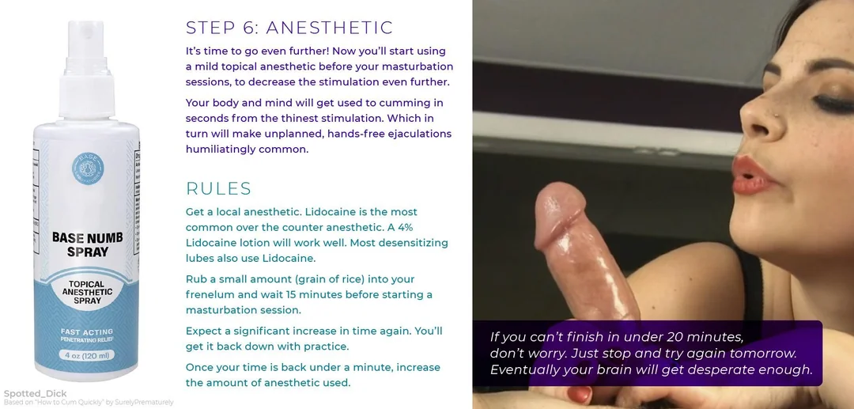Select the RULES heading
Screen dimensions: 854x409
[218, 188]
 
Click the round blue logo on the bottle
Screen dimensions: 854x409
[88, 169]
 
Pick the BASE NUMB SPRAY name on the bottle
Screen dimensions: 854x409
[88, 244]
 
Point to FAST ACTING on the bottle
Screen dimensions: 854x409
[87, 331]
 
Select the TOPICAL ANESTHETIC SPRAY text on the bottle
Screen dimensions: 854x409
[87, 293]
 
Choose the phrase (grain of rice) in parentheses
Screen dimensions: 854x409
[323, 279]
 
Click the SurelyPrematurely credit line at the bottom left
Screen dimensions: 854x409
[89, 403]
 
